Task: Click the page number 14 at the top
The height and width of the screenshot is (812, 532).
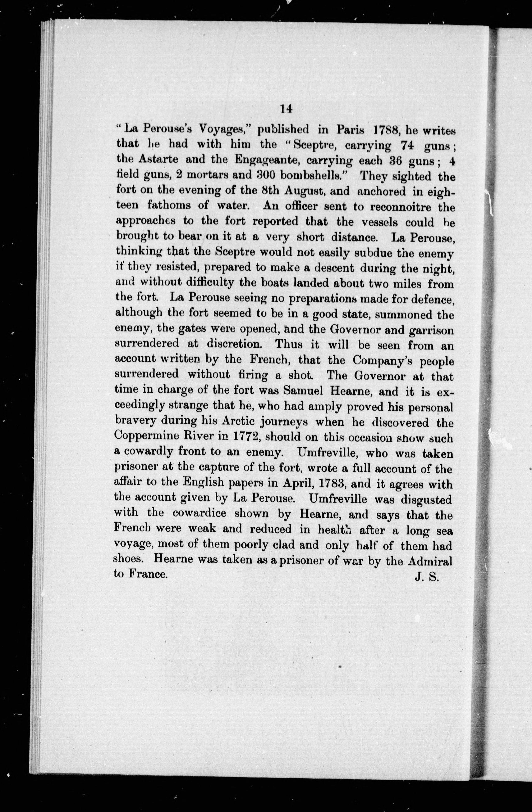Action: point(286,108)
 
